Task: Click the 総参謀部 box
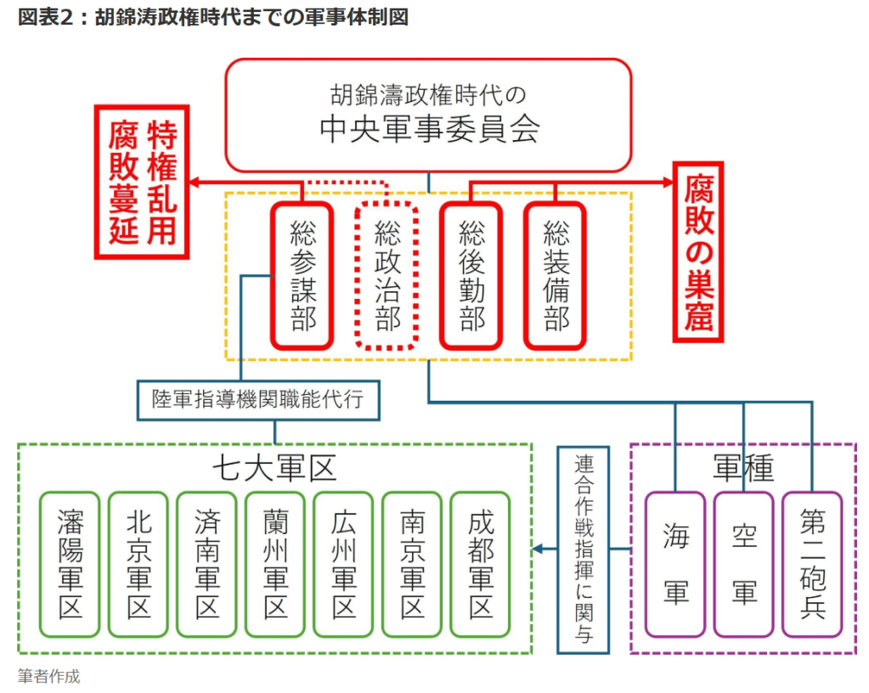pyautogui.click(x=302, y=275)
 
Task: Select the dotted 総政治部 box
pyautogui.click(x=387, y=275)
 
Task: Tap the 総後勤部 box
pyautogui.click(x=471, y=275)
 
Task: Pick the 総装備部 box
pyautogui.click(x=555, y=275)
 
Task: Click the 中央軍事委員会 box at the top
pyautogui.click(x=428, y=115)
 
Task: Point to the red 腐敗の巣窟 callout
pyautogui.click(x=698, y=251)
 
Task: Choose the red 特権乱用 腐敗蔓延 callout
pyautogui.click(x=142, y=182)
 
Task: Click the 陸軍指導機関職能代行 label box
pyautogui.click(x=258, y=399)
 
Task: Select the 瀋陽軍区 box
pyautogui.click(x=71, y=564)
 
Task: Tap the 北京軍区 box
pyautogui.click(x=138, y=564)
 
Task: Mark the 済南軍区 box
pyautogui.click(x=206, y=564)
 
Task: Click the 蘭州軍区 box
pyautogui.click(x=275, y=564)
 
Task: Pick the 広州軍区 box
pyautogui.click(x=343, y=564)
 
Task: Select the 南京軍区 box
pyautogui.click(x=412, y=564)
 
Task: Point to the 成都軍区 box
pyautogui.click(x=480, y=564)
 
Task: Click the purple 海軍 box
pyautogui.click(x=675, y=564)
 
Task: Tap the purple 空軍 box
pyautogui.click(x=743, y=564)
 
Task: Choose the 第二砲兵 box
pyautogui.click(x=812, y=564)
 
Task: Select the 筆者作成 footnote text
pyautogui.click(x=48, y=676)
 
